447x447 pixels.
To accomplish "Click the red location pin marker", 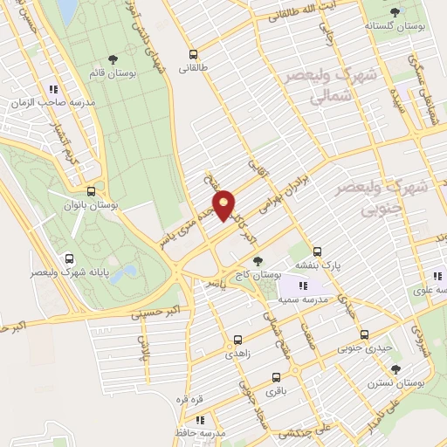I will pos(224,206).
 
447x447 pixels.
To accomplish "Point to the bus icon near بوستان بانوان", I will pos(93,191).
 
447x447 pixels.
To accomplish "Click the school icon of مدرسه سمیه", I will pos(302,285).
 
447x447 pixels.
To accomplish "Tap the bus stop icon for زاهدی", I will pos(237,340).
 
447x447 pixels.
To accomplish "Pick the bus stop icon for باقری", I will pos(277,378).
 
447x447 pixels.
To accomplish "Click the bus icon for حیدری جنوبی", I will pos(365,334).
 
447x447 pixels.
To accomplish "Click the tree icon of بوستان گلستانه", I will pos(395,12).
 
